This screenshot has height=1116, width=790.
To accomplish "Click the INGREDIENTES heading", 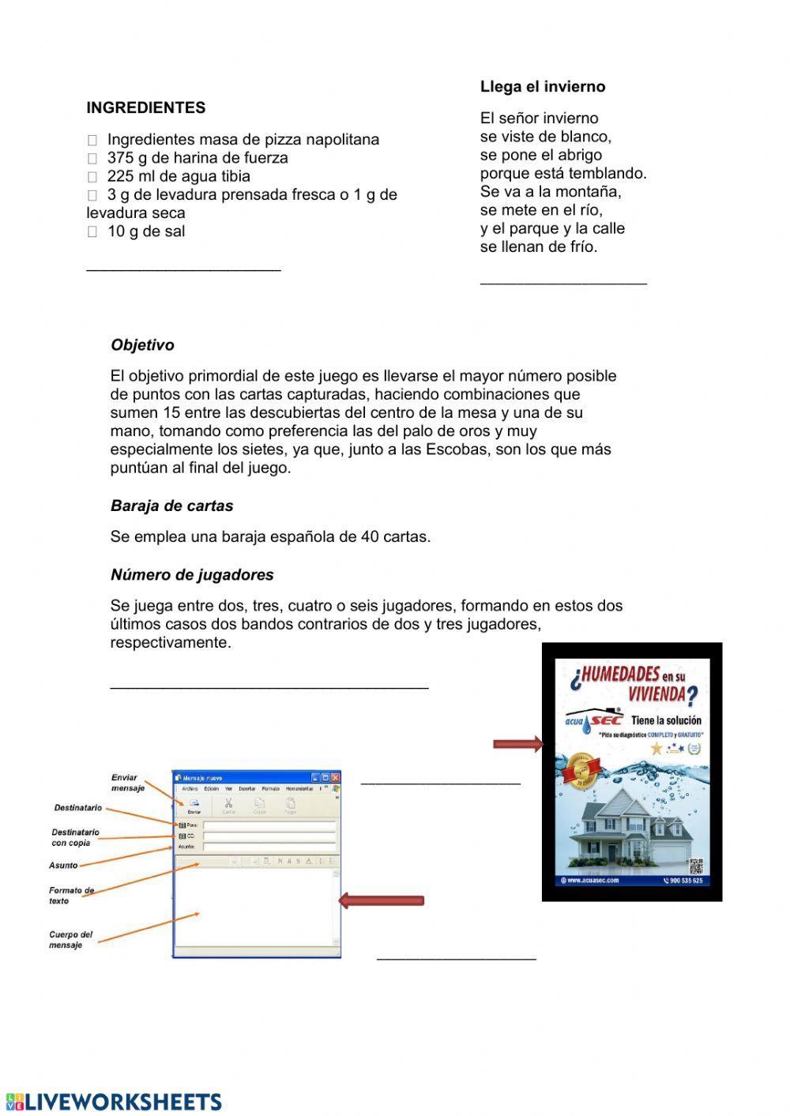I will (x=145, y=108).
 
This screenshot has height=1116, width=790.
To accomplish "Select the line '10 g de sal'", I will (x=145, y=231).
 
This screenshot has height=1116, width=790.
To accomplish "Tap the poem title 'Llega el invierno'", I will (x=542, y=87).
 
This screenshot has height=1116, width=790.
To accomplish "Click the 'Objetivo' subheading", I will (x=142, y=345).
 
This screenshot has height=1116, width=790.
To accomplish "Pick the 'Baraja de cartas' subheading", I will (x=171, y=505).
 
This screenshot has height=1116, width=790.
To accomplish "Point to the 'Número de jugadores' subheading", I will (x=192, y=575).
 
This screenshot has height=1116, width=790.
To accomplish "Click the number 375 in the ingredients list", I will (x=120, y=158).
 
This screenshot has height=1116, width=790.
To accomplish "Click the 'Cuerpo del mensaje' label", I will (x=70, y=940).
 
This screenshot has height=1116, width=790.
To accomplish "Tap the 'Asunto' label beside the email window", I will (x=63, y=866).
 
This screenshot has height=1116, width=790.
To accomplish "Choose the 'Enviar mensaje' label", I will (x=127, y=783).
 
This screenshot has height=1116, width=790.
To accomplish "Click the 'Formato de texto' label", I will (x=71, y=896).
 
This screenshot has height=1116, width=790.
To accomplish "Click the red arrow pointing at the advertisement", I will (x=517, y=744).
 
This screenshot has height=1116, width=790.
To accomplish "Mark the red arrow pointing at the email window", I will (x=382, y=900).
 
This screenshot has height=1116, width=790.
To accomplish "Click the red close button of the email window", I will (x=335, y=777).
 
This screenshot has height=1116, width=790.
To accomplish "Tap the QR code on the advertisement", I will (x=694, y=865).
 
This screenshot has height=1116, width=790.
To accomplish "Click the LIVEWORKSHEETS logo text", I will (x=123, y=1102).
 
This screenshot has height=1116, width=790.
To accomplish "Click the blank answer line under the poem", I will (x=562, y=282).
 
